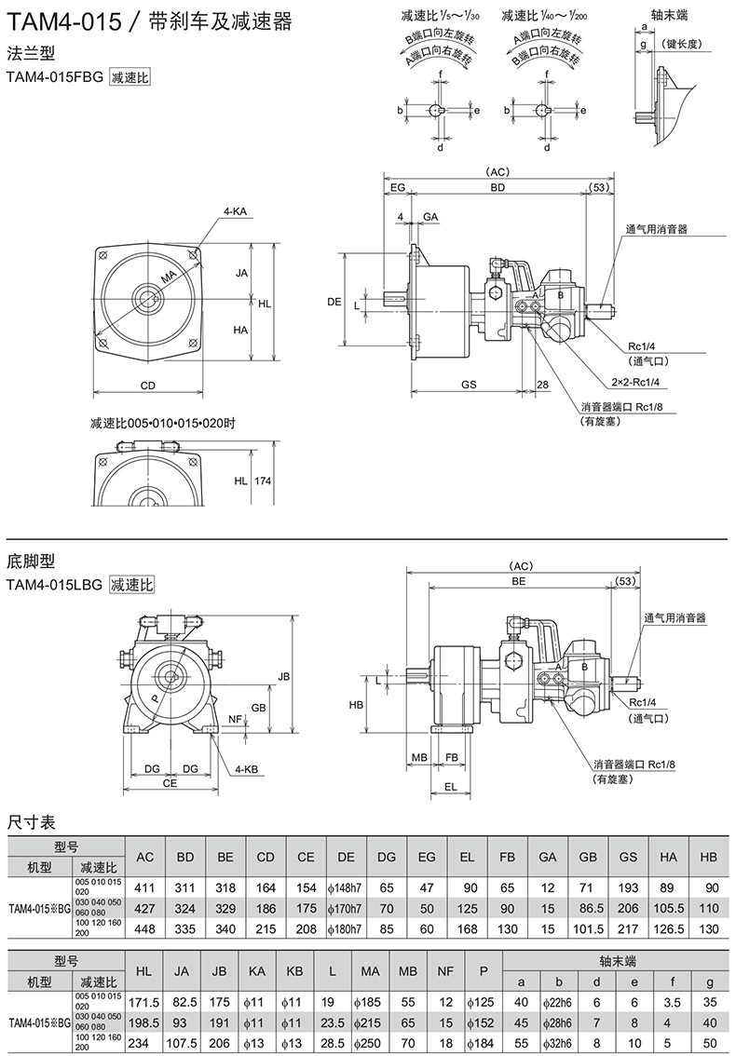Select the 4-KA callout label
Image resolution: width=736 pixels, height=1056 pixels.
pyautogui.click(x=234, y=211)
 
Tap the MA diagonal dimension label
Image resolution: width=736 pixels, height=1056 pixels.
pyautogui.click(x=168, y=278)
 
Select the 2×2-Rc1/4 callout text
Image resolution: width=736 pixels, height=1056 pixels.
pyautogui.click(x=635, y=382)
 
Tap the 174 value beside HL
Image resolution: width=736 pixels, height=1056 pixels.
pyautogui.click(x=263, y=481)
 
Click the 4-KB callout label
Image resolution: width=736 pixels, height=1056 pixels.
pyautogui.click(x=246, y=769)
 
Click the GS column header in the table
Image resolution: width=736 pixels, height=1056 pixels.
pyautogui.click(x=628, y=856)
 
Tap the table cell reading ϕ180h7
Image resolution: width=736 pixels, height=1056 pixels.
pyautogui.click(x=346, y=927)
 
